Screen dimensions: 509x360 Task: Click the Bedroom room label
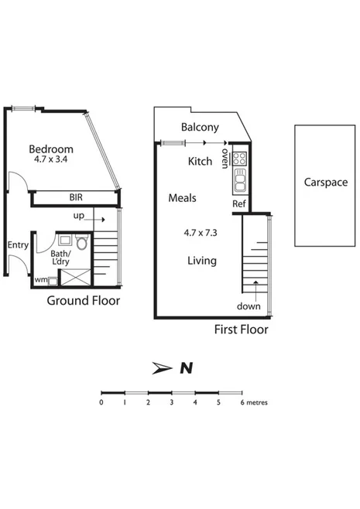pos(51,149)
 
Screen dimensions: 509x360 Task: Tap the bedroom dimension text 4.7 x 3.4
pos(51,160)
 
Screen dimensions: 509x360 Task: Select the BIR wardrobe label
pos(74,199)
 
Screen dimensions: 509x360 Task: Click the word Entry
pos(17,245)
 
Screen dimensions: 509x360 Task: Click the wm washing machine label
pos(39,279)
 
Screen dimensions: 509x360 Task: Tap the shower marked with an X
pos(75,275)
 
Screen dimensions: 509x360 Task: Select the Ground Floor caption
pos(84,300)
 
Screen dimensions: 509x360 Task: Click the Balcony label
pos(200,128)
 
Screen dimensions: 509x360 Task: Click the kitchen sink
pos(240,183)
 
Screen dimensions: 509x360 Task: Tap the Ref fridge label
pos(239,203)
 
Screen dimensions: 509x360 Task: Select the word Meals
pos(182,198)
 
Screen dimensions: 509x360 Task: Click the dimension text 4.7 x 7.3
pos(201,231)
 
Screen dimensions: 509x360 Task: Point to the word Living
pos(201,261)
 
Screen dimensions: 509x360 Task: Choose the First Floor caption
pos(241,330)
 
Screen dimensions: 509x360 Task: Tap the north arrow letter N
pos(185,368)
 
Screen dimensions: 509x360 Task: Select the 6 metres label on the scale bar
pos(256,402)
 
